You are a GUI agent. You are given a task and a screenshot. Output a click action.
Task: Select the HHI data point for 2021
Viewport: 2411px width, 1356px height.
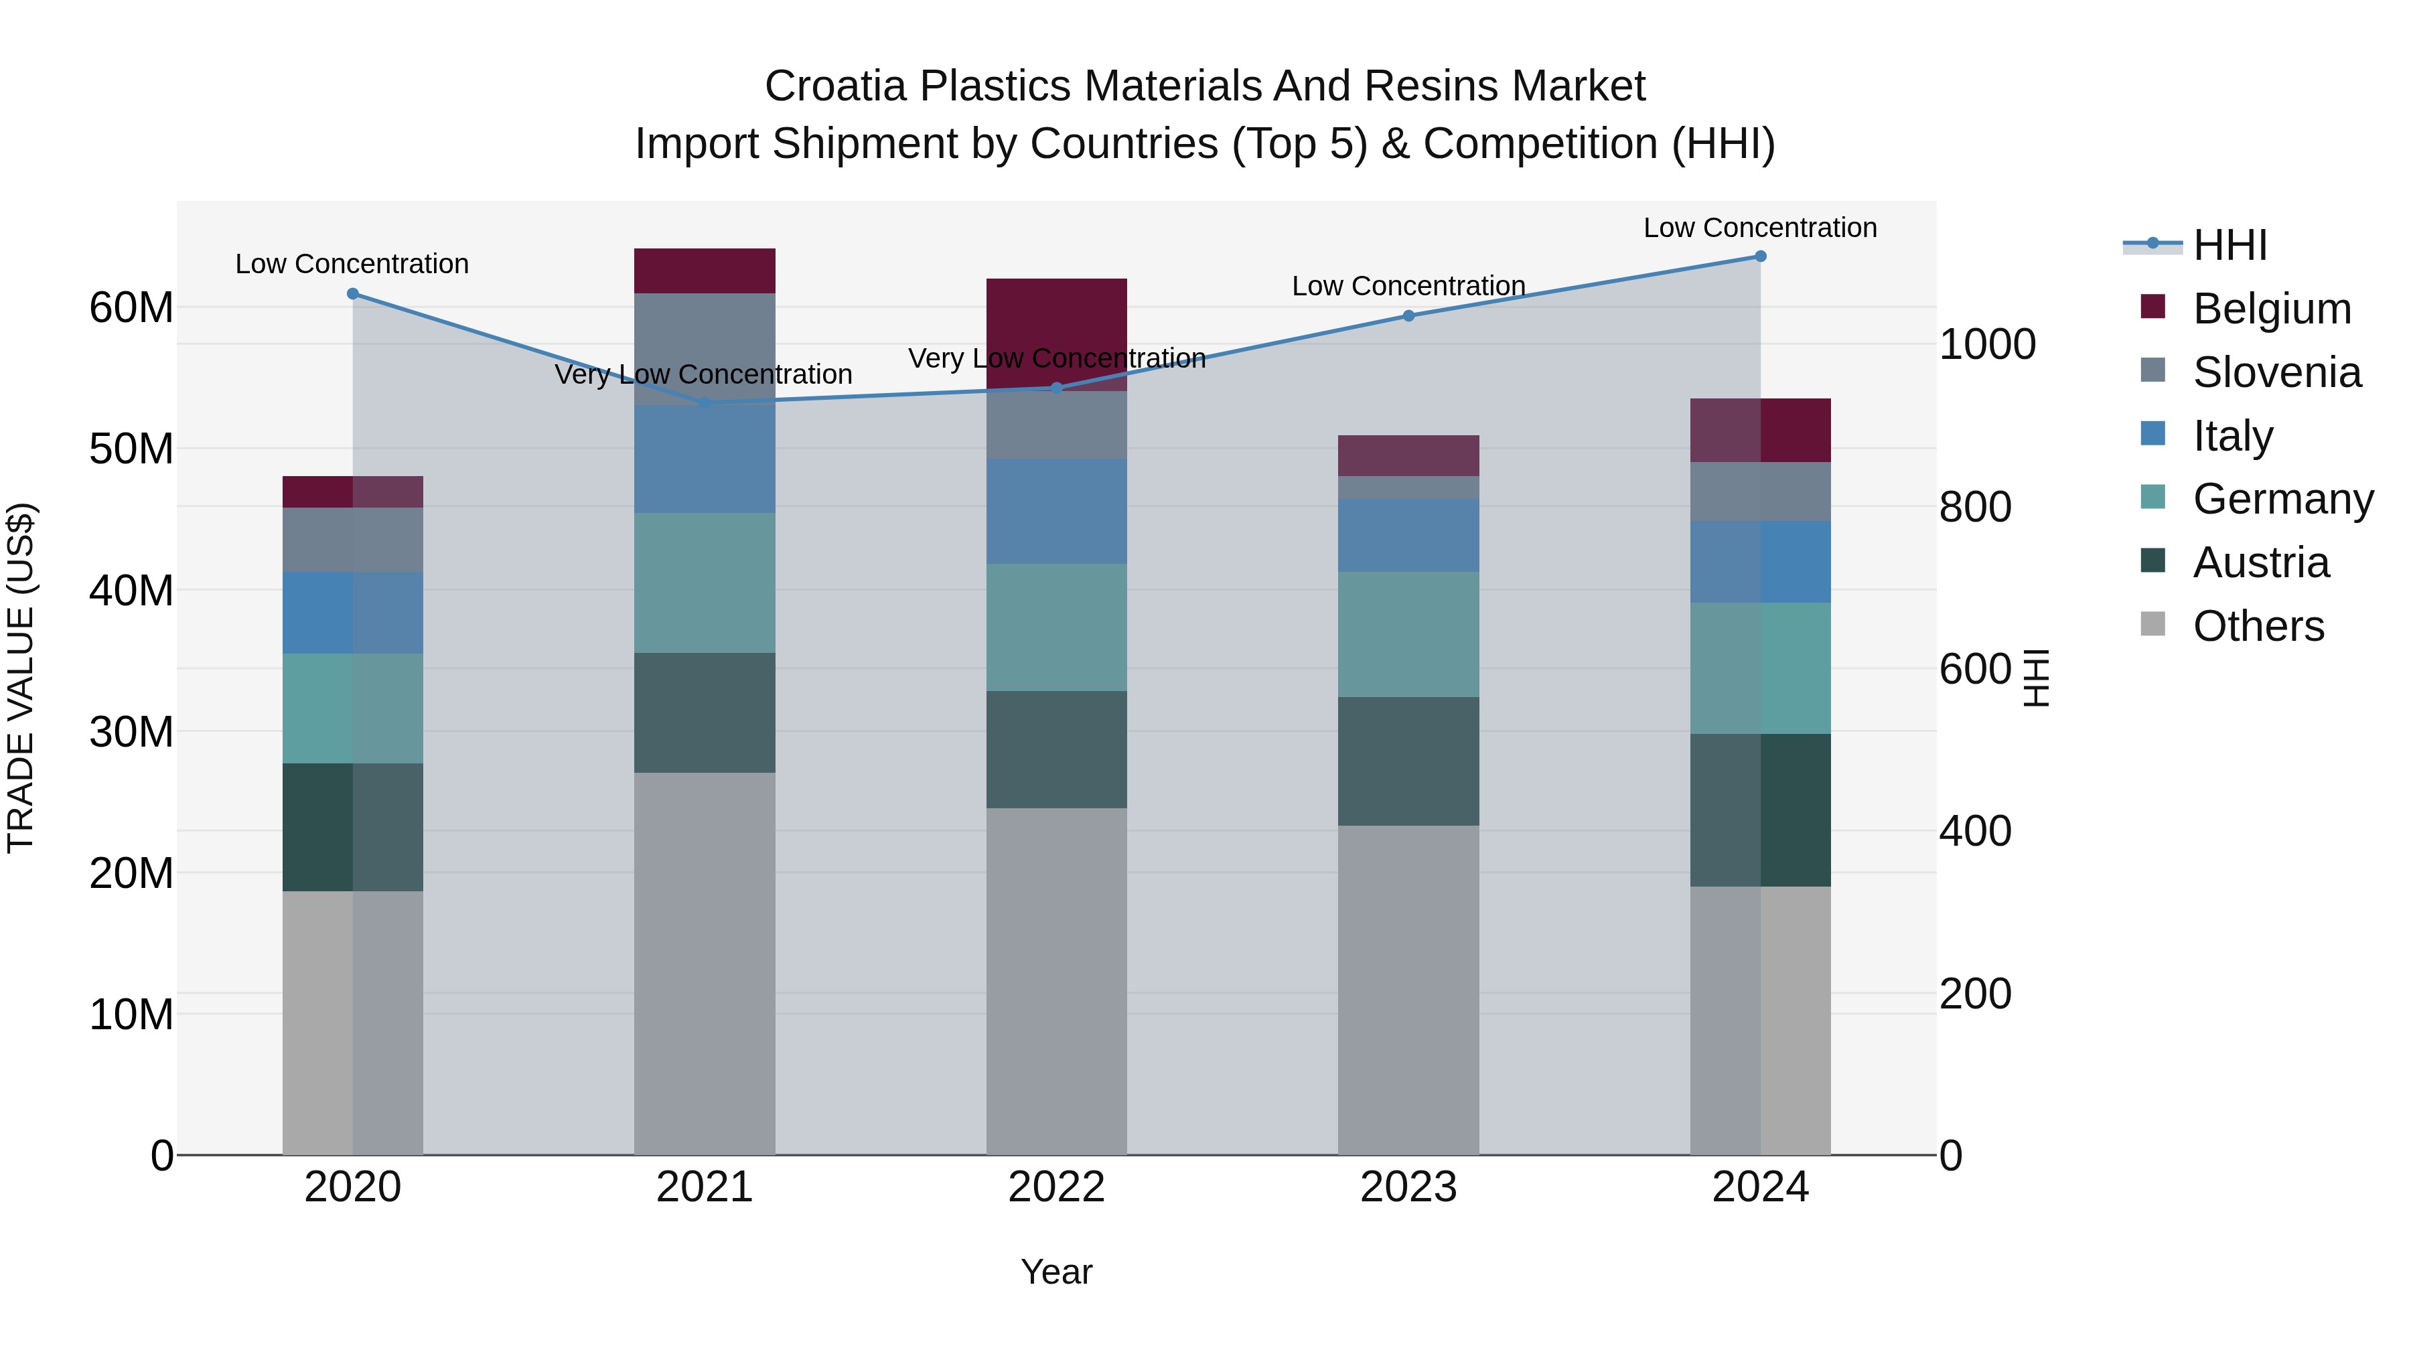[705, 403]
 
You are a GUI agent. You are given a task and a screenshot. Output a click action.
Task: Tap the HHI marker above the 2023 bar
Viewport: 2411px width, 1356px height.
[1408, 315]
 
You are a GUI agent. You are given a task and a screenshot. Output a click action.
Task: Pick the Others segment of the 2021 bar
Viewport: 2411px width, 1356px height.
[705, 964]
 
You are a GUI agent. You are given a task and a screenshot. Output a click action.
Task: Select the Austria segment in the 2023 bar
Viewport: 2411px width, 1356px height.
[1408, 761]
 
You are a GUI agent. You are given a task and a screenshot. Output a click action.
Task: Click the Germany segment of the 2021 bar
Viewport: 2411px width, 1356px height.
[705, 582]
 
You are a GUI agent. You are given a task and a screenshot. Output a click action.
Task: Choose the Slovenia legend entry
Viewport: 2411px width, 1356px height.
[2276, 372]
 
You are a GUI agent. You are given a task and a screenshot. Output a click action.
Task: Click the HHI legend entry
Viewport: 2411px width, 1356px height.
[2230, 245]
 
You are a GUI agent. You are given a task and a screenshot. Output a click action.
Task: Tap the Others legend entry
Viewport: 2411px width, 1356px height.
[2258, 626]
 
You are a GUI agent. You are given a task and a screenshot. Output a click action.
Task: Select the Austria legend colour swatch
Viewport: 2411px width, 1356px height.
[2152, 562]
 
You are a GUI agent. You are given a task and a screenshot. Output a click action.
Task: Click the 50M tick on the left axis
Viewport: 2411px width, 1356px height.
[131, 449]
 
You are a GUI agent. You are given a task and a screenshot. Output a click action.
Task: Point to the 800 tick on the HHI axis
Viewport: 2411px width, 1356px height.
[1975, 507]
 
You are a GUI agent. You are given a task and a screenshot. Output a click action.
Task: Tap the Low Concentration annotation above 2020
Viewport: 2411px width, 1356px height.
[352, 264]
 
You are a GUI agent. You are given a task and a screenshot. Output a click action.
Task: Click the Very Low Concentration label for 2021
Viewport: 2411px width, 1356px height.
[703, 374]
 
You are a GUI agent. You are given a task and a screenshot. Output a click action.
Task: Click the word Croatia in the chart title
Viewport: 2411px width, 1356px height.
[836, 86]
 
